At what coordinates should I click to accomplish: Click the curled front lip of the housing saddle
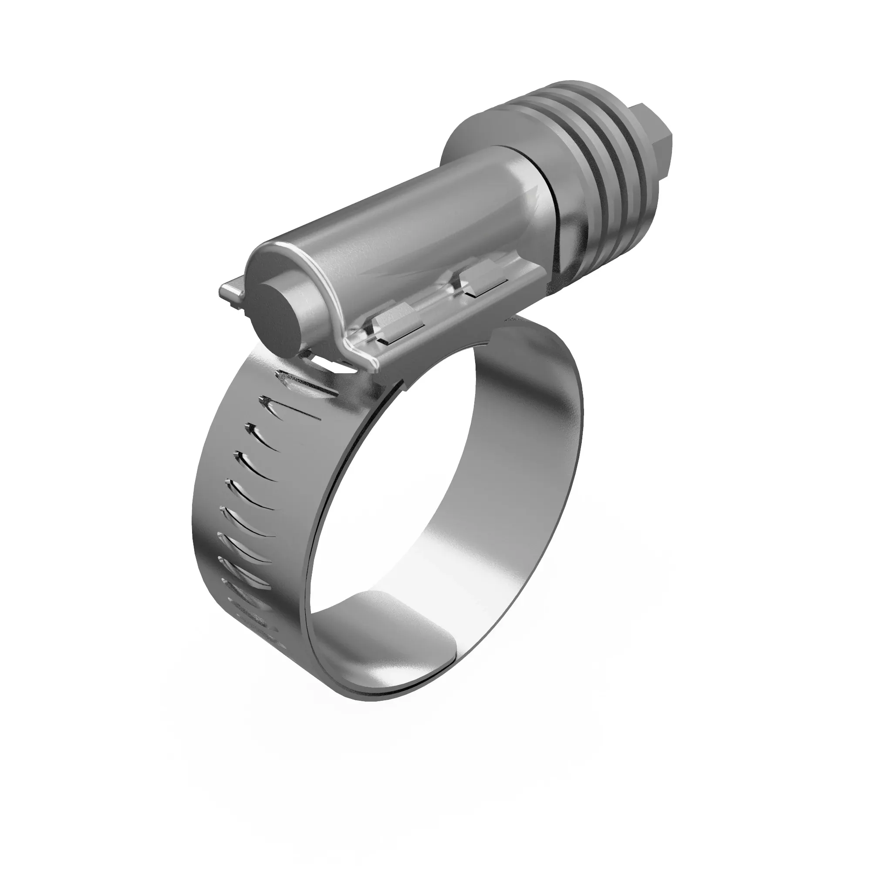tap(356, 356)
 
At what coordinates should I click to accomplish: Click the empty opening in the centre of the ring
tap(433, 496)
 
